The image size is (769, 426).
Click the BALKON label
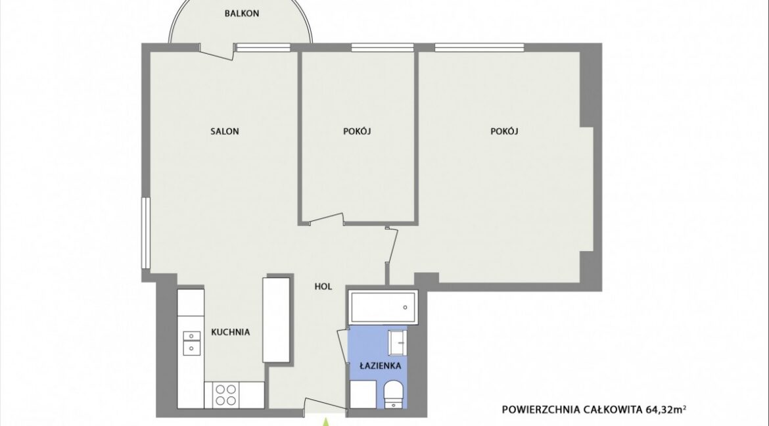point(242,13)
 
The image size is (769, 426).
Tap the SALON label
point(225,131)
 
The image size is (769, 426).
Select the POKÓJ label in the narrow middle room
point(357,131)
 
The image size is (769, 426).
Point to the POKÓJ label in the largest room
point(504,131)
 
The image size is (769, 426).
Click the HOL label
point(323,286)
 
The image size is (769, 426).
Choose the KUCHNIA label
point(231,332)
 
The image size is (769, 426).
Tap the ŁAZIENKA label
point(380,365)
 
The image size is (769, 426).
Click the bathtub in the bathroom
point(383,307)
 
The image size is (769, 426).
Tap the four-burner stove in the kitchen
point(225,394)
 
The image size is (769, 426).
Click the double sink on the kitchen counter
point(191,342)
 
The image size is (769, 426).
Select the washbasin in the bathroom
point(397,342)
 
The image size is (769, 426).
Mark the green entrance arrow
point(324,421)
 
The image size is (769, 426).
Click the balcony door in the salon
point(216,51)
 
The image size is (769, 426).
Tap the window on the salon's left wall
point(145,233)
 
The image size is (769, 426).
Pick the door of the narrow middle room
point(327,220)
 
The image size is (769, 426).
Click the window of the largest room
point(479,47)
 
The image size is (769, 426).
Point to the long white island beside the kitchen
point(276,320)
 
